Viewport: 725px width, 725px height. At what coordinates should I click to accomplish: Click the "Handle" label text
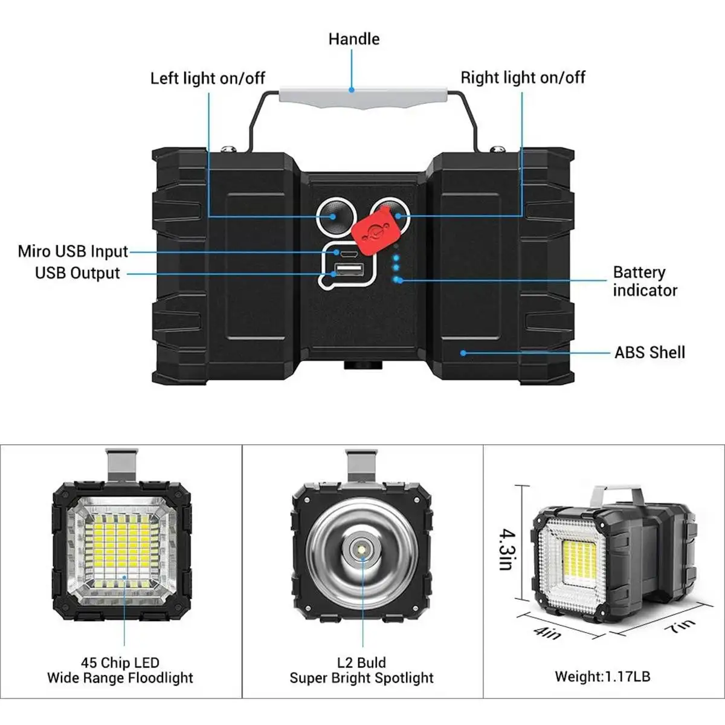pyautogui.click(x=353, y=39)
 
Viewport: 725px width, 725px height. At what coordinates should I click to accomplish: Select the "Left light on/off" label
pyautogui.click(x=207, y=79)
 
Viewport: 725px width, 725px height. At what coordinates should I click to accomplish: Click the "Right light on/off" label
pyautogui.click(x=523, y=78)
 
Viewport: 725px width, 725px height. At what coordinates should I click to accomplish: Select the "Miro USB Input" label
pyautogui.click(x=73, y=251)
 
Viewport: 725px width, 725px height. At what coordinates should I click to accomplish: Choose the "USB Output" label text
pyautogui.click(x=78, y=273)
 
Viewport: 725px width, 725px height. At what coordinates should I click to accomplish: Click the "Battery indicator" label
pyautogui.click(x=645, y=282)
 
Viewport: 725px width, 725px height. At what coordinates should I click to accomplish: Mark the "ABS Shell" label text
pyautogui.click(x=649, y=352)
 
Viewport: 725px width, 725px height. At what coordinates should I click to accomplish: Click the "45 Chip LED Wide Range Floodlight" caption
pyautogui.click(x=120, y=671)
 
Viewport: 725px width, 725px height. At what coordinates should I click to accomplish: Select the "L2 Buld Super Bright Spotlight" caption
pyautogui.click(x=361, y=671)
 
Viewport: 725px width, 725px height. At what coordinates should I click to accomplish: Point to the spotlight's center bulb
pyautogui.click(x=362, y=552)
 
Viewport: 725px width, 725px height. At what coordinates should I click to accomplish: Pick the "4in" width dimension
pyautogui.click(x=547, y=632)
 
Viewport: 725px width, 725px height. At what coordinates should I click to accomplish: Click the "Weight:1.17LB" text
pyautogui.click(x=602, y=677)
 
